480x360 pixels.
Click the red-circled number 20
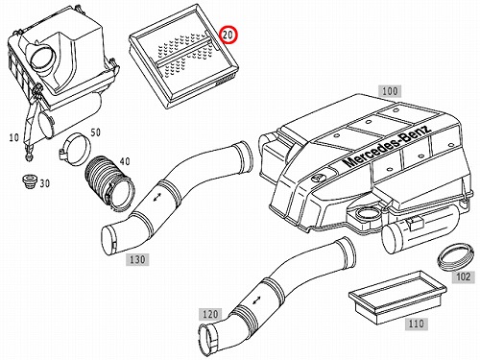click(x=228, y=35)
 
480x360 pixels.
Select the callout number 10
click(x=14, y=138)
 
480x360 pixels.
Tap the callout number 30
click(x=45, y=183)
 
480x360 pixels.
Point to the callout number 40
click(x=125, y=161)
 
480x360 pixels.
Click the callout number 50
click(x=95, y=132)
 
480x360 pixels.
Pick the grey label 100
click(x=390, y=91)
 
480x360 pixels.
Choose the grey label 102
click(x=464, y=276)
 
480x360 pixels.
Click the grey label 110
click(x=416, y=324)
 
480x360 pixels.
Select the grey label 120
click(x=210, y=314)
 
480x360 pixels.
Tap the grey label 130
click(x=137, y=259)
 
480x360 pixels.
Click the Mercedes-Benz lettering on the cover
click(x=387, y=147)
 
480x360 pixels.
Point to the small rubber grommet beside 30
click(x=30, y=180)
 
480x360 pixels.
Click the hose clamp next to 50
click(x=76, y=149)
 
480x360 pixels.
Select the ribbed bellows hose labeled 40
click(x=108, y=183)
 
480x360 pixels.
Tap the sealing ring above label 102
click(x=454, y=257)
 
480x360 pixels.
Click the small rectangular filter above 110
click(x=396, y=293)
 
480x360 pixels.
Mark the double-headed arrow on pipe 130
click(x=157, y=197)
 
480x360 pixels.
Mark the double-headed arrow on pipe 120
click(x=256, y=300)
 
